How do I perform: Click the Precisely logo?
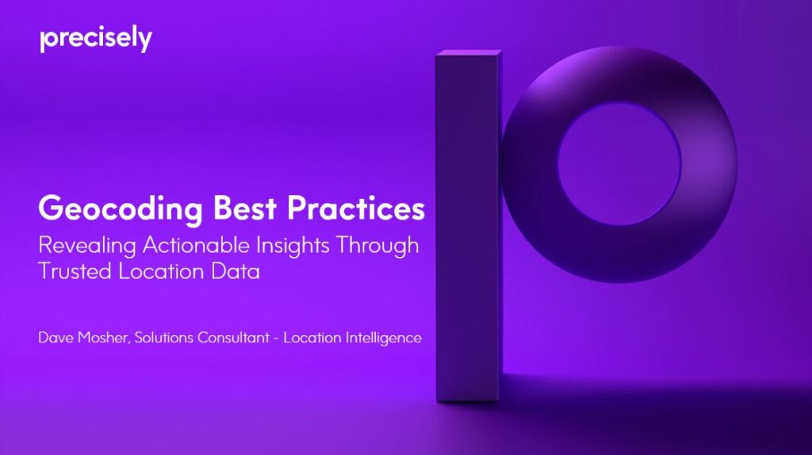[x=96, y=39]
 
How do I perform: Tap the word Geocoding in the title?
[x=121, y=209]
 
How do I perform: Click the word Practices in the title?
[x=356, y=208]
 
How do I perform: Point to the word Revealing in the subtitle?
[x=87, y=246]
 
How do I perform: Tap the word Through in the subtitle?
[x=377, y=246]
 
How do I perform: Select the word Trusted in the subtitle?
[x=75, y=272]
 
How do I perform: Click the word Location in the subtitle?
[x=161, y=272]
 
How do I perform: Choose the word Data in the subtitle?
[x=235, y=272]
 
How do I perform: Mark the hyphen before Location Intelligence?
[x=277, y=338]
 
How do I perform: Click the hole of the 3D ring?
[x=619, y=163]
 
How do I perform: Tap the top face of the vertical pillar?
[x=469, y=53]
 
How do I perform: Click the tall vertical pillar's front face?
[x=467, y=227]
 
